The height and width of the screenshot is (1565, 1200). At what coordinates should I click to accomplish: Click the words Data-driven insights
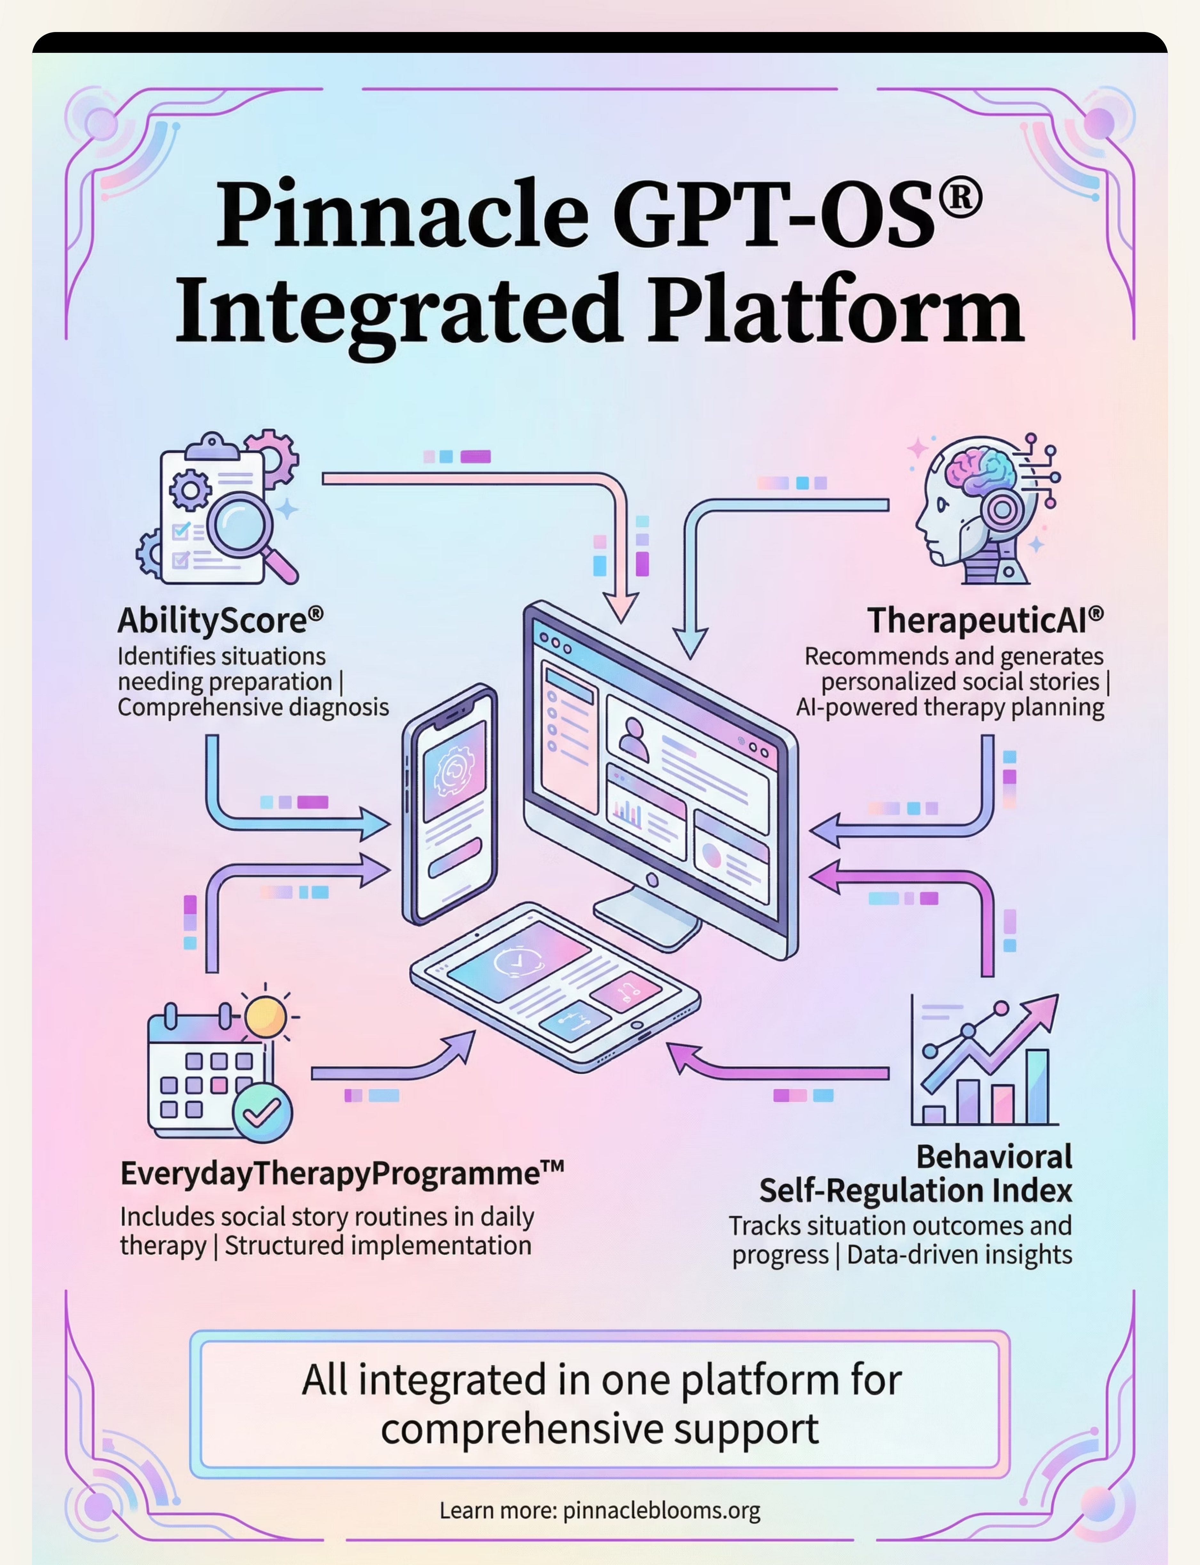click(x=959, y=1255)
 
